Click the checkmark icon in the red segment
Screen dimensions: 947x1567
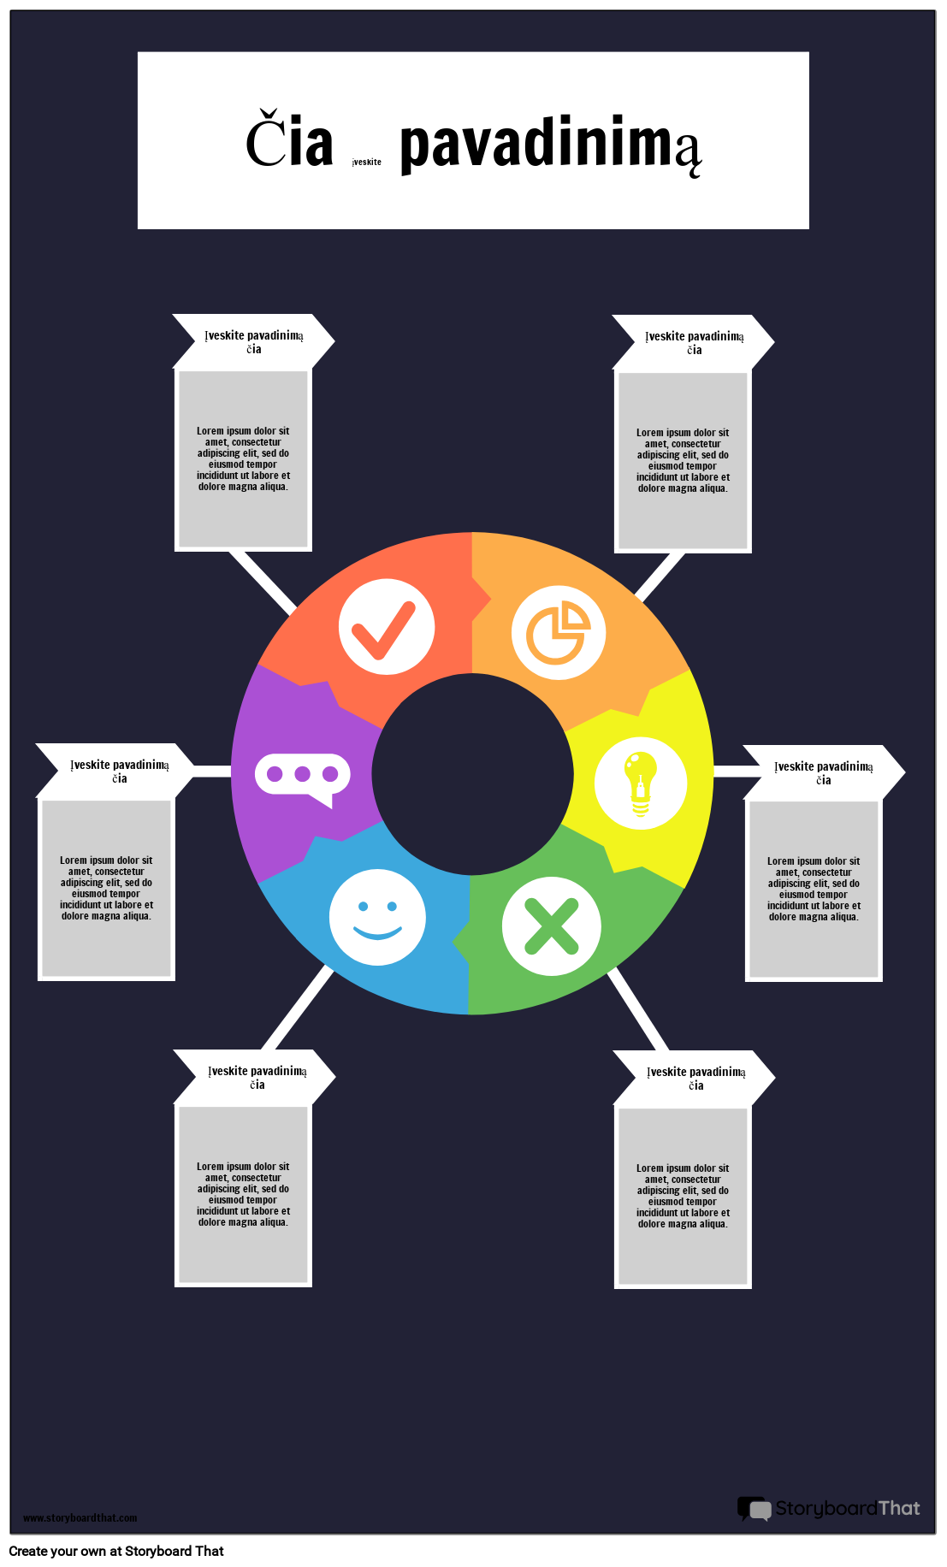tap(387, 627)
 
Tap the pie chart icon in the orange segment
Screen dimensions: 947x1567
tap(559, 633)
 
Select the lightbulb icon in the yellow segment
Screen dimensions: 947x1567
tap(641, 783)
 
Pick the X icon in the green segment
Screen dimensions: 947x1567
tap(551, 926)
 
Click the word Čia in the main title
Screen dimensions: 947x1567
tap(289, 142)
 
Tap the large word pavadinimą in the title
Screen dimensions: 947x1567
tap(551, 145)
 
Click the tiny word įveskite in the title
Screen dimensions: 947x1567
tap(367, 162)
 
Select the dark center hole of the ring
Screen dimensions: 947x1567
tap(473, 774)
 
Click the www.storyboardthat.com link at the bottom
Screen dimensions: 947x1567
tap(80, 1517)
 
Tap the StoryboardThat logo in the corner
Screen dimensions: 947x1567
tap(829, 1508)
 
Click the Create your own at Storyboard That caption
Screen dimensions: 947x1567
tap(116, 1551)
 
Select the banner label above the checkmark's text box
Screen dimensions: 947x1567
tap(254, 341)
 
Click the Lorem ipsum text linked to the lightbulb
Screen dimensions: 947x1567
tap(814, 889)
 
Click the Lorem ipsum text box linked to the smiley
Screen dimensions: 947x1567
tap(243, 1195)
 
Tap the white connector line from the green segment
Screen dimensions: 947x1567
tap(637, 1010)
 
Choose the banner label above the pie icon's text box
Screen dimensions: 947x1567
tap(694, 342)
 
